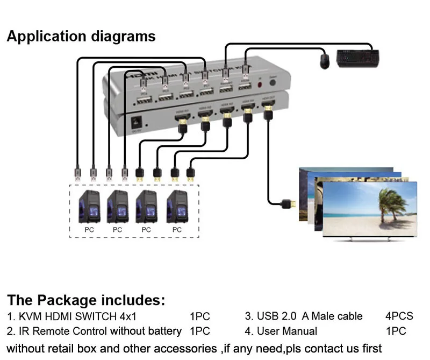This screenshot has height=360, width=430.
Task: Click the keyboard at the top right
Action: [358, 58]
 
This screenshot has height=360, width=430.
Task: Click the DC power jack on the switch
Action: [137, 123]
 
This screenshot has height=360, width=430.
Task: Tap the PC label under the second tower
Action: [118, 229]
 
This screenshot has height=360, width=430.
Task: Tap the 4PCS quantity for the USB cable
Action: [399, 316]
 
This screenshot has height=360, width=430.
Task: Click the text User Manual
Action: [286, 331]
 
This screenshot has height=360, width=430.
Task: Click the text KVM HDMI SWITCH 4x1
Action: [71, 316]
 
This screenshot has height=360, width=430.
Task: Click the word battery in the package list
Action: [164, 331]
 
